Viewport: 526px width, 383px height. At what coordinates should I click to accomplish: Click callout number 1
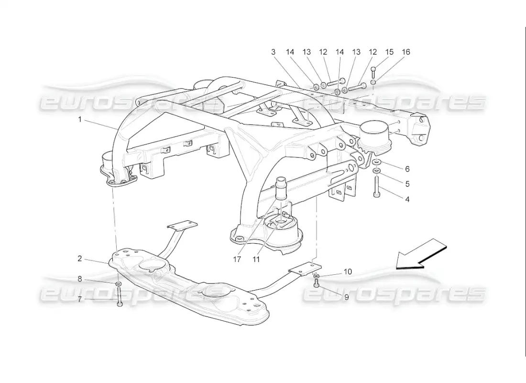[80, 119]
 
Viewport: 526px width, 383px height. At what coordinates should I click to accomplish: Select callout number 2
[80, 259]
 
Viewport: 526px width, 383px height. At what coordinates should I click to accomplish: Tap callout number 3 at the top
[274, 52]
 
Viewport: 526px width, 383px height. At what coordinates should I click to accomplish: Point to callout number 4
[407, 199]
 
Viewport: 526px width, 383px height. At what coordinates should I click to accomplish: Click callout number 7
[80, 299]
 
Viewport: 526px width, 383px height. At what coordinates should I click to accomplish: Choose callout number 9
[346, 297]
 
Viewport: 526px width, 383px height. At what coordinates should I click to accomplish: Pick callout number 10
[348, 271]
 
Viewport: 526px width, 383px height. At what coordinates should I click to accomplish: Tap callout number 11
[256, 259]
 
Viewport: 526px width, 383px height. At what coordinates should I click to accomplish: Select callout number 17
[237, 259]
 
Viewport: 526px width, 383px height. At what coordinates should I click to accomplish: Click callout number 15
[389, 52]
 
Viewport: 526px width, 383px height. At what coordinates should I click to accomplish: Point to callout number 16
[406, 52]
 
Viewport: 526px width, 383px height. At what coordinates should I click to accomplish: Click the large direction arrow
[421, 254]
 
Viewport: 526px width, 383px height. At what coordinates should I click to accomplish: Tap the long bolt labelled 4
[376, 187]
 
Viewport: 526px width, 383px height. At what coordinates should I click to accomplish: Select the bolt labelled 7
[120, 297]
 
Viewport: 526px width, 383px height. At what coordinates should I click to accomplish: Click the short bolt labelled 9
[316, 284]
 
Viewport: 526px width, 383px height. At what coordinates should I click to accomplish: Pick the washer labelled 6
[376, 163]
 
